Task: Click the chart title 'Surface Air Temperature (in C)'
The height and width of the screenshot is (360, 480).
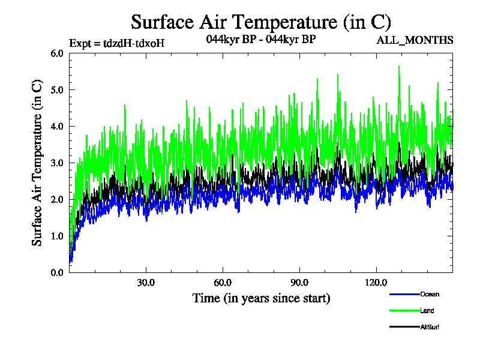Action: tap(261, 22)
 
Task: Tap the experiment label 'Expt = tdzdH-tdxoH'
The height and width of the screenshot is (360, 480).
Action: tap(117, 43)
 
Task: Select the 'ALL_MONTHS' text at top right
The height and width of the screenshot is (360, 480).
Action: tap(415, 40)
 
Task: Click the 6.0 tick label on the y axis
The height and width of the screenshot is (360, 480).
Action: tap(57, 53)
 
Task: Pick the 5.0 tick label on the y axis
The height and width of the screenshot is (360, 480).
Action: tap(57, 90)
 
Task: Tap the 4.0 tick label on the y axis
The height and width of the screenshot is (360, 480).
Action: tap(57, 127)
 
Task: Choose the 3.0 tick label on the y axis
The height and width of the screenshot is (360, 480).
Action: tap(57, 163)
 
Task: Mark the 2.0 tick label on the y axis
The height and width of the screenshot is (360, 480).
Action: tap(57, 200)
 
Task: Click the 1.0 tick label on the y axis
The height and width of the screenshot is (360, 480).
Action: tap(57, 236)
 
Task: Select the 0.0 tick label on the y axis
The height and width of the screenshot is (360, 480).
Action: tap(57, 273)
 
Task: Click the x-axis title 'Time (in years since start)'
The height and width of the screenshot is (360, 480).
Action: tap(261, 298)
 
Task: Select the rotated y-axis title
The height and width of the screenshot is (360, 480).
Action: tap(37, 163)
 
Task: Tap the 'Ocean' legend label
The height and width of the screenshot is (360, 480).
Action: tap(430, 294)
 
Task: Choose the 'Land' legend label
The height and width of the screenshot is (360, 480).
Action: tap(427, 310)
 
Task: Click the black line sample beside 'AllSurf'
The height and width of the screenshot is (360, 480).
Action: tap(404, 327)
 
